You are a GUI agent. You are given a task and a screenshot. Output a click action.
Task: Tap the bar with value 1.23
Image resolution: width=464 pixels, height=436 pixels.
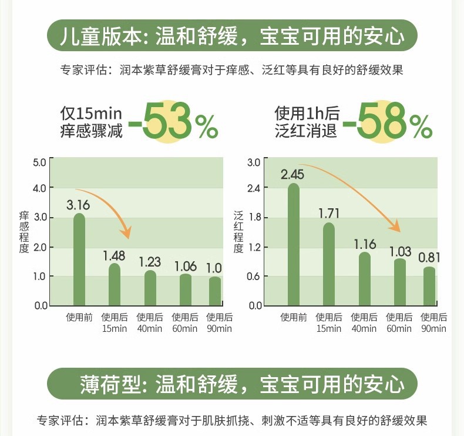pyautogui.click(x=150, y=288)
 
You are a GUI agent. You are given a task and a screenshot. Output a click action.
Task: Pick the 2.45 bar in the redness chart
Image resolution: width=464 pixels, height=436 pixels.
pyautogui.click(x=294, y=245)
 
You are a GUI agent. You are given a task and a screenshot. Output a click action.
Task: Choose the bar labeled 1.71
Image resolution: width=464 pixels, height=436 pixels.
pyautogui.click(x=329, y=264)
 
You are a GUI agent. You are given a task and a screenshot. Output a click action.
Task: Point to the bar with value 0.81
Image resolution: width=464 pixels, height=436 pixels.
pyautogui.click(x=429, y=287)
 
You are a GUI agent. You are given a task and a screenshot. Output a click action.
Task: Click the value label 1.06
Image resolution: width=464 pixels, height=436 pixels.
pyautogui.click(x=186, y=265)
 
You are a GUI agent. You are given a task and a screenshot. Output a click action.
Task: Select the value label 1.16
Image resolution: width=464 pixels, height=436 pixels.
pyautogui.click(x=365, y=244)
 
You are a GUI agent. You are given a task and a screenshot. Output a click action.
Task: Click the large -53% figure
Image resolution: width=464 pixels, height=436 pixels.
pyautogui.click(x=173, y=121)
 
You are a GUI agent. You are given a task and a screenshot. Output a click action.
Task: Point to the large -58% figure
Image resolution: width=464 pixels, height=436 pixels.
pyautogui.click(x=387, y=121)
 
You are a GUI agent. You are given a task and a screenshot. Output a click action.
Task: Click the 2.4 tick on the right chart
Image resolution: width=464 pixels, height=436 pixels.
pyautogui.click(x=254, y=188)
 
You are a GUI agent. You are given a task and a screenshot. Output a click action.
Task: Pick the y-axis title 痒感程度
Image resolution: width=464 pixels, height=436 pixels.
pyautogui.click(x=24, y=232)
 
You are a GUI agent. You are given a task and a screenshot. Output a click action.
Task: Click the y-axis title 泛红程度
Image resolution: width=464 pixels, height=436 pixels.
pyautogui.click(x=238, y=232)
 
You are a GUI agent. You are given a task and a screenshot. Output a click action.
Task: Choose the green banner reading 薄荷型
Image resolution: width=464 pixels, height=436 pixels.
pyautogui.click(x=232, y=385)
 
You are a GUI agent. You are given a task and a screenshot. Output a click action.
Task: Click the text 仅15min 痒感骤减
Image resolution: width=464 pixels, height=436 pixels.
pyautogui.click(x=92, y=122)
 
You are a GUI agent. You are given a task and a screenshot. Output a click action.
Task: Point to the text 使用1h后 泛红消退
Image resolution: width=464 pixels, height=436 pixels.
pyautogui.click(x=307, y=122)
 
